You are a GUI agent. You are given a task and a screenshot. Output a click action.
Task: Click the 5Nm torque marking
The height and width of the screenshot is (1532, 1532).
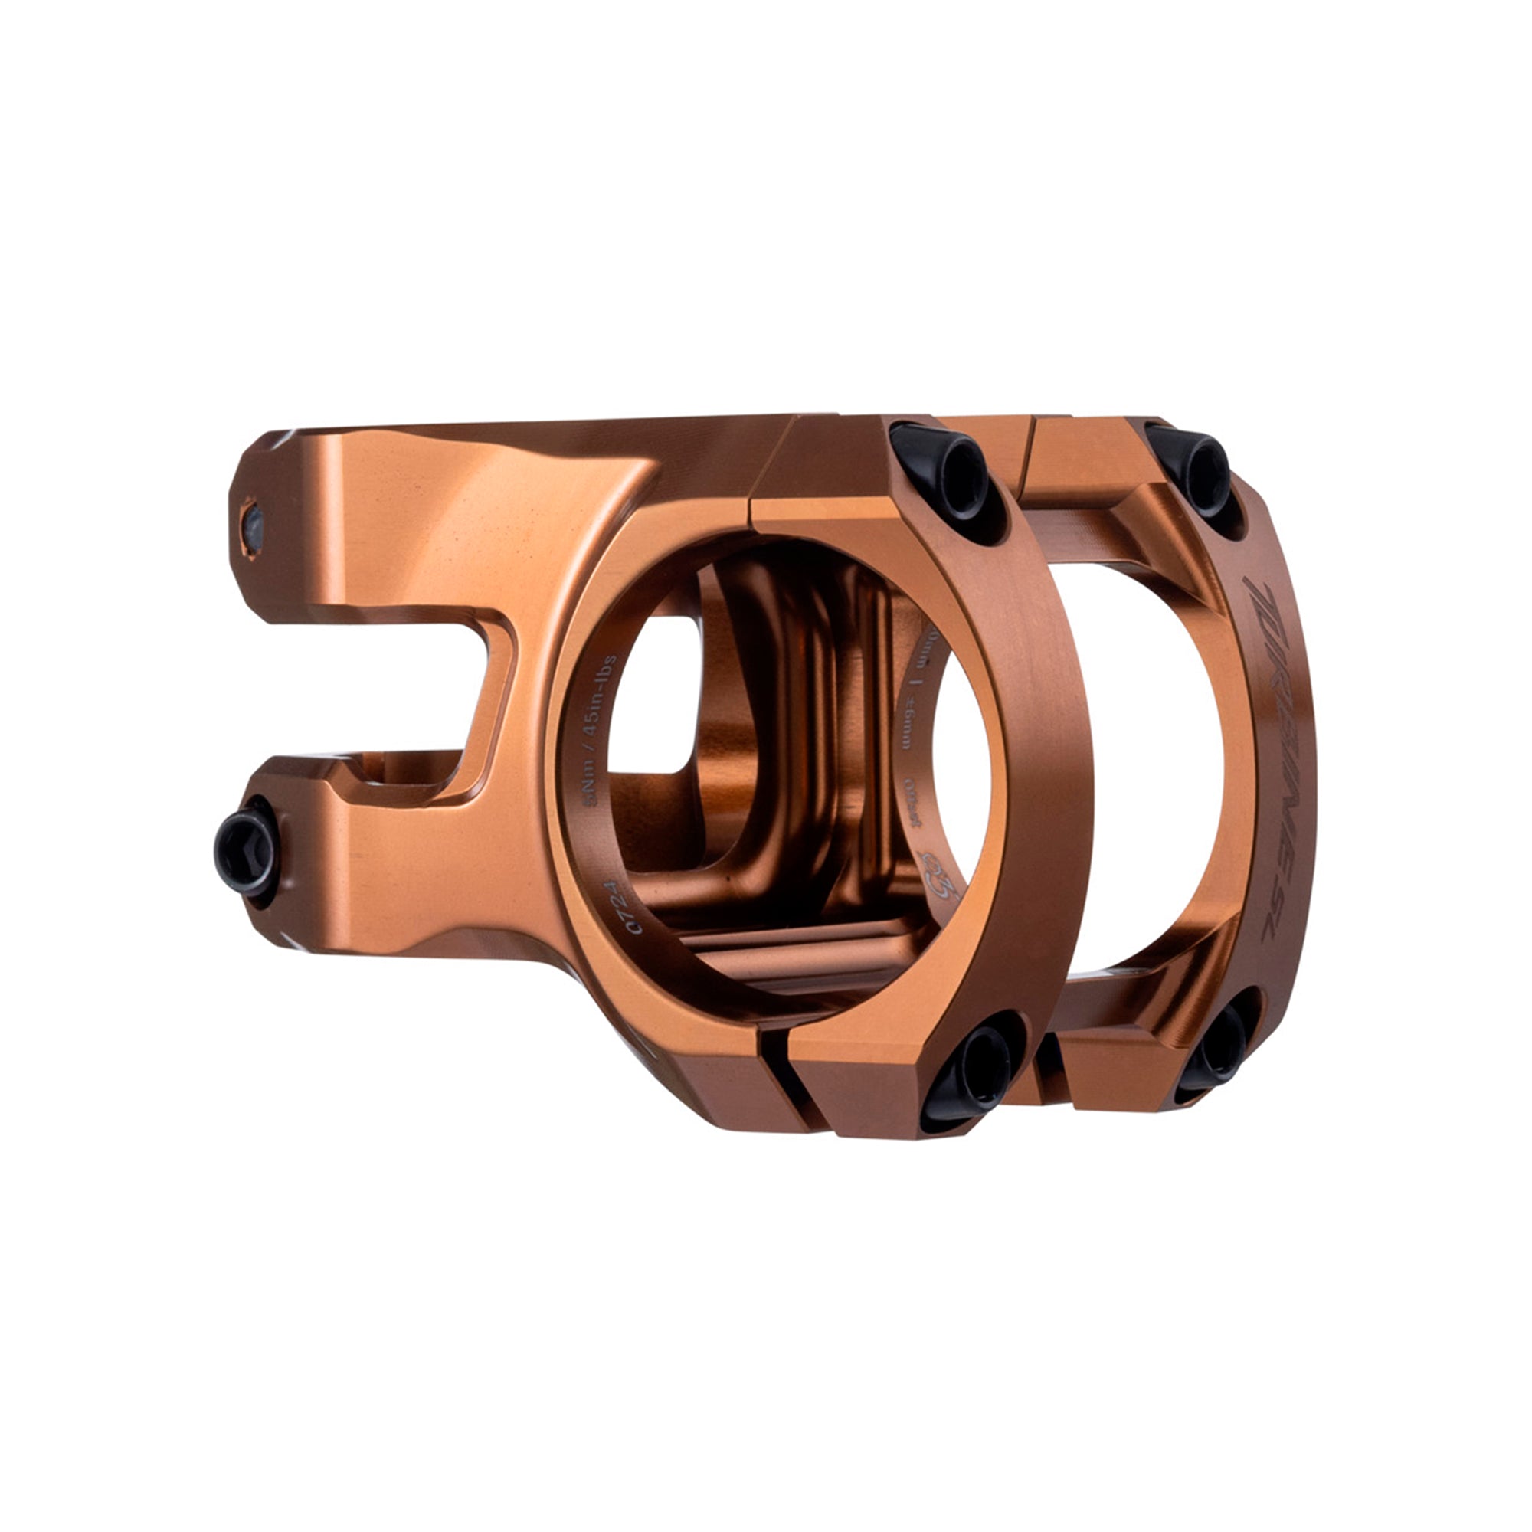point(590,793)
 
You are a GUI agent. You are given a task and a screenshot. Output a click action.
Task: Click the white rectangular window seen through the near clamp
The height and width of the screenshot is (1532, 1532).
point(650,698)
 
